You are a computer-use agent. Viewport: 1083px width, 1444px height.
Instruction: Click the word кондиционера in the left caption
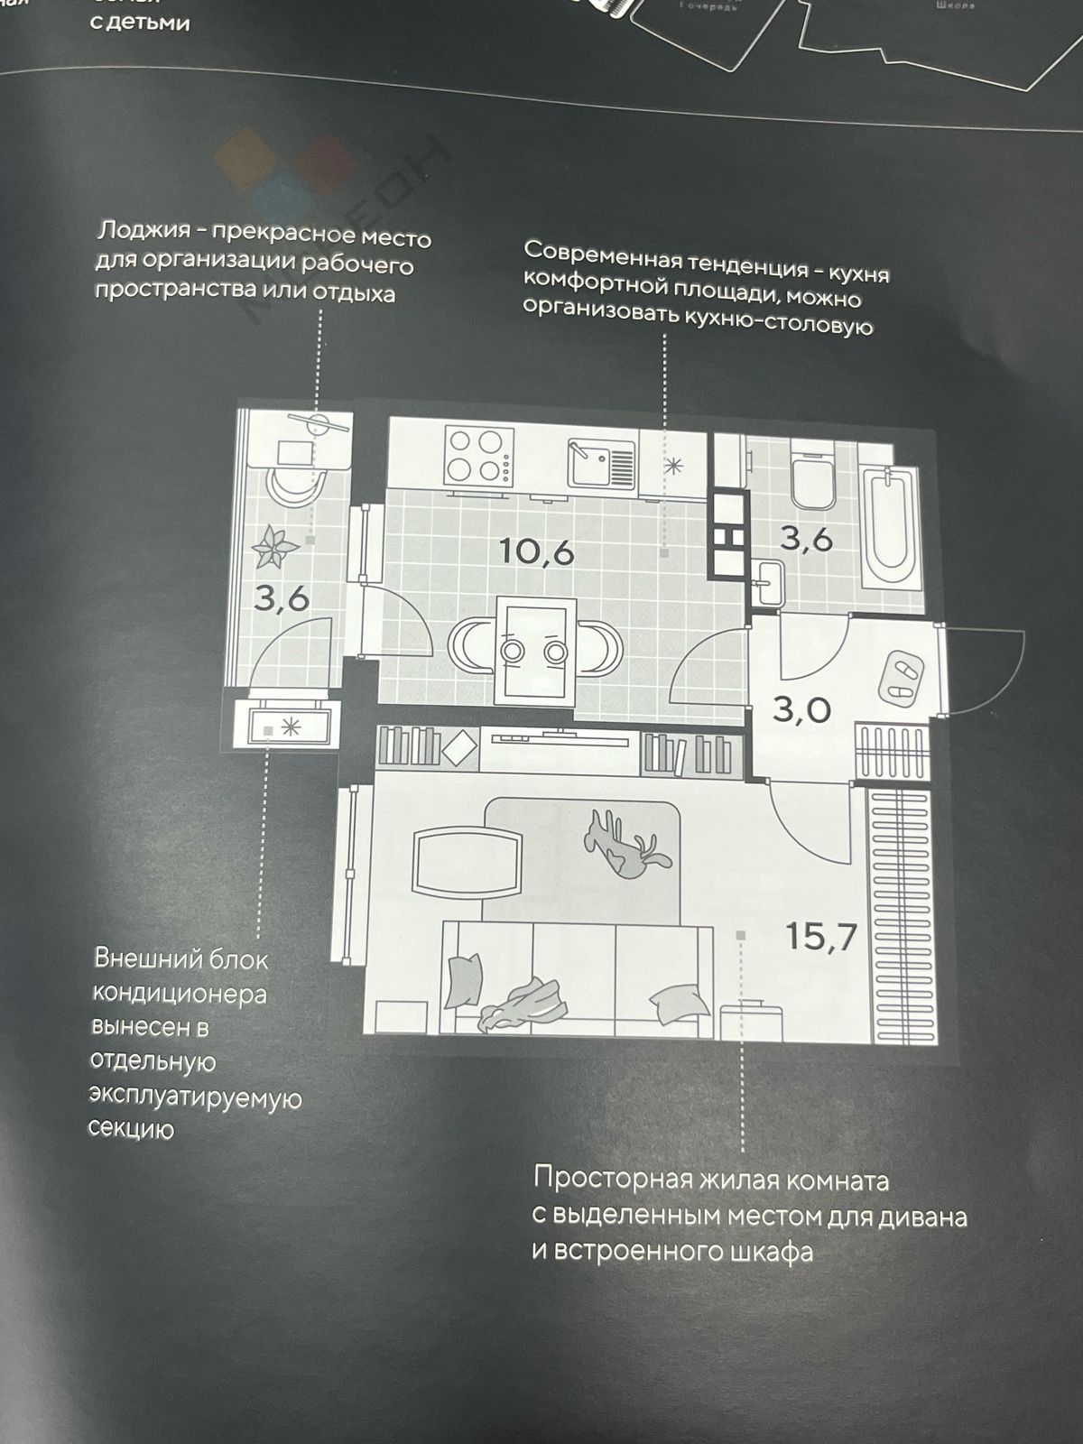[x=180, y=993]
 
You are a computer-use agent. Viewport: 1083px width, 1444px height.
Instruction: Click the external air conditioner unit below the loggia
[x=282, y=727]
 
